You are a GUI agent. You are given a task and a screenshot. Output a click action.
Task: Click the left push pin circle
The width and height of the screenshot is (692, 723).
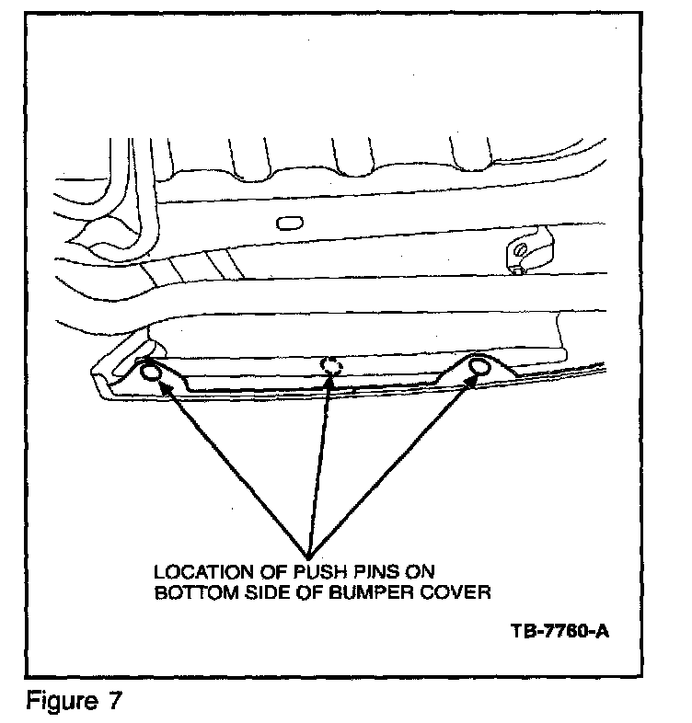pos(151,375)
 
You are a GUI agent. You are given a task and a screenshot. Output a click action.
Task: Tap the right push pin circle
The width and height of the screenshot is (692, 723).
pos(479,368)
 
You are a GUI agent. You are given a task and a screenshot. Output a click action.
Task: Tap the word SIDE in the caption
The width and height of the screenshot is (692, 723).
pos(260,593)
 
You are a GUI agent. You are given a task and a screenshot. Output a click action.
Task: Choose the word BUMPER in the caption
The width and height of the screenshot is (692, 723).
pos(361,593)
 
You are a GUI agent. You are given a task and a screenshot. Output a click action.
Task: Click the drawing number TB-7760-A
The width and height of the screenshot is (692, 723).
pos(560,633)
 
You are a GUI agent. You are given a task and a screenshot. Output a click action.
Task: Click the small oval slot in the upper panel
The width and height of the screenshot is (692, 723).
pos(288,222)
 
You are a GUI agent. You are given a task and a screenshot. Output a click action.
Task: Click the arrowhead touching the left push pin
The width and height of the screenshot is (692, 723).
pos(167,391)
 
